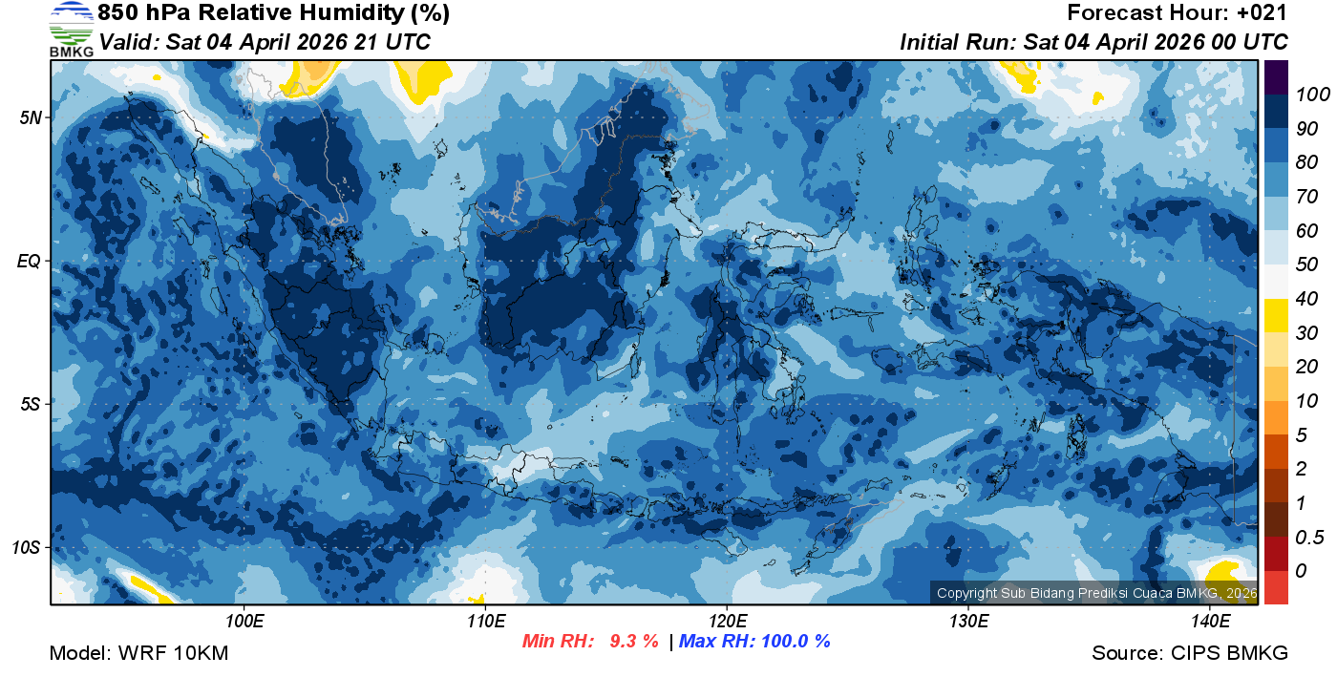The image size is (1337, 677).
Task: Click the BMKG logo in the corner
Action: point(71,30)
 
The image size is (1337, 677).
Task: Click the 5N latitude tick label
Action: point(29,117)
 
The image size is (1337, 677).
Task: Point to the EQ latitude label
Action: point(29,261)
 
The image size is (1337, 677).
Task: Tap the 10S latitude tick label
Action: point(26,547)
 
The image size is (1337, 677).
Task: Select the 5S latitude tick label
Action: point(29,404)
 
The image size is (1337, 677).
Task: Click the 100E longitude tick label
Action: point(244,621)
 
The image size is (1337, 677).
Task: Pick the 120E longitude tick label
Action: point(727,621)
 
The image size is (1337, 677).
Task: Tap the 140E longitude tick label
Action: point(1210,621)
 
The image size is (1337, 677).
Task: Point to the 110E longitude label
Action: point(486,621)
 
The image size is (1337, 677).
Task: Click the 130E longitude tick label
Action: point(968,621)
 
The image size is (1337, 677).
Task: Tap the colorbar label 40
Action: point(1307,299)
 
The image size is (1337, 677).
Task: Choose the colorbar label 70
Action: point(1307,197)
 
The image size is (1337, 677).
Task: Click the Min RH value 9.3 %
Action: point(634,641)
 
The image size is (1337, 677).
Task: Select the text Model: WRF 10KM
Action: point(138,654)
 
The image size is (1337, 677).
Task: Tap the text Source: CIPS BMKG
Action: point(1190,654)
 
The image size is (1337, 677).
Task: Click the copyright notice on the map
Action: point(1096,593)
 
